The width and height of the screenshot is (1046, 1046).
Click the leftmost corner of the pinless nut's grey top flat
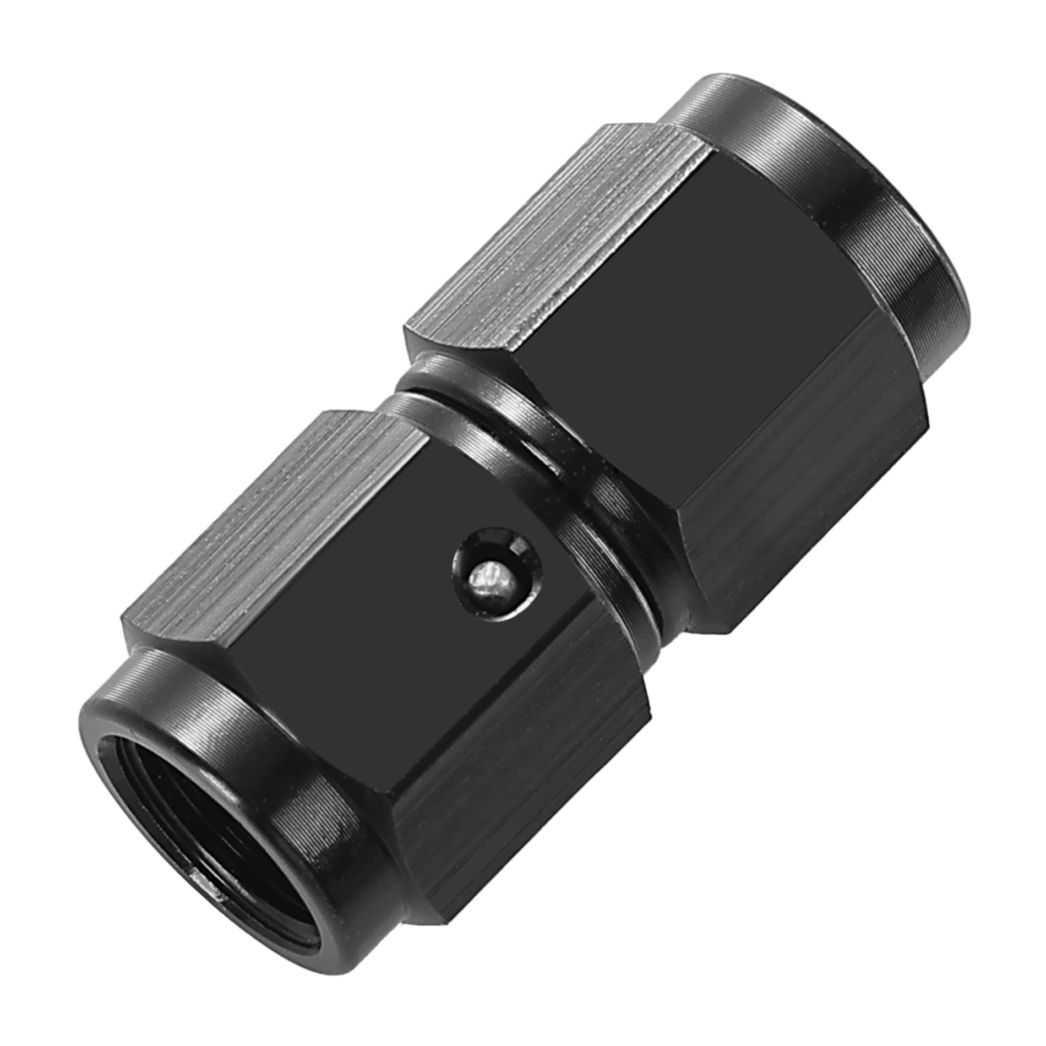point(407,330)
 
